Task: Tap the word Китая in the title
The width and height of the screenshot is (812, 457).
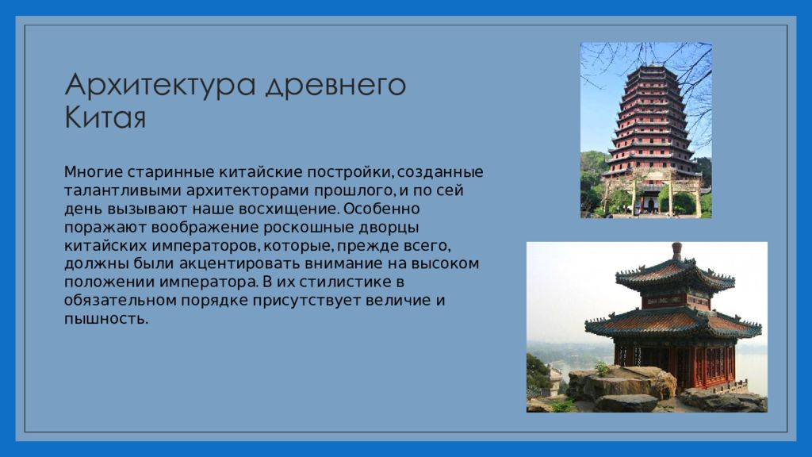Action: tap(105, 117)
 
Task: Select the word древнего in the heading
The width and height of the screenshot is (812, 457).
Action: tap(335, 85)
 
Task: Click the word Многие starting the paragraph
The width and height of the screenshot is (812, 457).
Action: tap(94, 172)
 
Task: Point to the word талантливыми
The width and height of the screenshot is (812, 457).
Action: tap(123, 190)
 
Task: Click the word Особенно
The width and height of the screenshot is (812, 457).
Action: tap(381, 209)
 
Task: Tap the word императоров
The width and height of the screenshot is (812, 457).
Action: tap(205, 246)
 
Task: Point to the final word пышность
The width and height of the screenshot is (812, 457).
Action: tap(106, 319)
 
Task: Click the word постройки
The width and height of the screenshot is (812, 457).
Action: tap(351, 172)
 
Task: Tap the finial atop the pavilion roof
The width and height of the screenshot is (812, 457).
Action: tap(676, 252)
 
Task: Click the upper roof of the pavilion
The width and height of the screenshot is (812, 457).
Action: tap(675, 275)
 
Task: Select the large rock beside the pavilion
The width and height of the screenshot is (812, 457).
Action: tap(622, 382)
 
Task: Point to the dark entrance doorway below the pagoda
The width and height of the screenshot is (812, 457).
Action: tap(651, 204)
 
